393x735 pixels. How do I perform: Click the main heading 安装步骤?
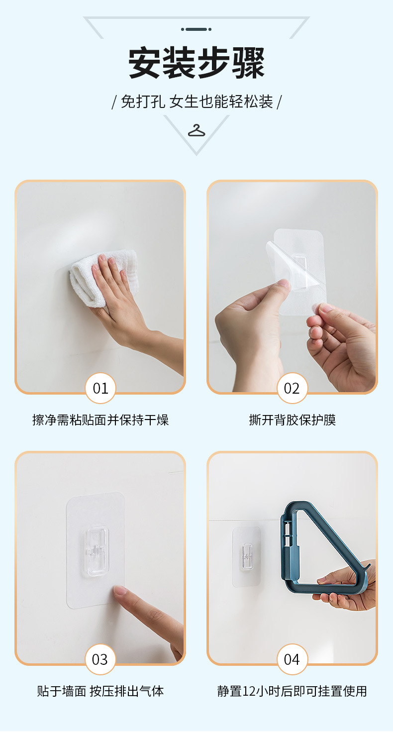point(196,63)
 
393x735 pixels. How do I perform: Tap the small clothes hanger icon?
point(196,131)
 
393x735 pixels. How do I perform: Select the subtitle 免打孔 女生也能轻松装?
point(196,102)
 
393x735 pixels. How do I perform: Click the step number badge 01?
point(100,388)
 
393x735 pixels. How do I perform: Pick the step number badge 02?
point(292,388)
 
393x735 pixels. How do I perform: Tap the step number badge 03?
point(100,659)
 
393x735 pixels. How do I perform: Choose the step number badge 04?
point(292,659)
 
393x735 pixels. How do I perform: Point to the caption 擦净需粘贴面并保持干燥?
point(100,420)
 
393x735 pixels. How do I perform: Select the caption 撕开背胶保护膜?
point(292,420)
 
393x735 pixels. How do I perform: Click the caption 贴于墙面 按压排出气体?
point(100,691)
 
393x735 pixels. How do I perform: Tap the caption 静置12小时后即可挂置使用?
point(292,691)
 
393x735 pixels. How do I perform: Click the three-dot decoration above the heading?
point(196,29)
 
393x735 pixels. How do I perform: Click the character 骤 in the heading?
point(247,63)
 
